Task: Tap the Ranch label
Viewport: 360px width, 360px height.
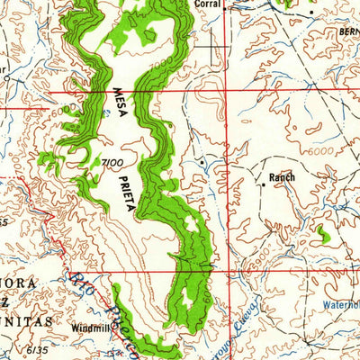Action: [283, 178]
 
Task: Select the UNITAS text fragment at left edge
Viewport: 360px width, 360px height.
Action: [20, 307]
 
